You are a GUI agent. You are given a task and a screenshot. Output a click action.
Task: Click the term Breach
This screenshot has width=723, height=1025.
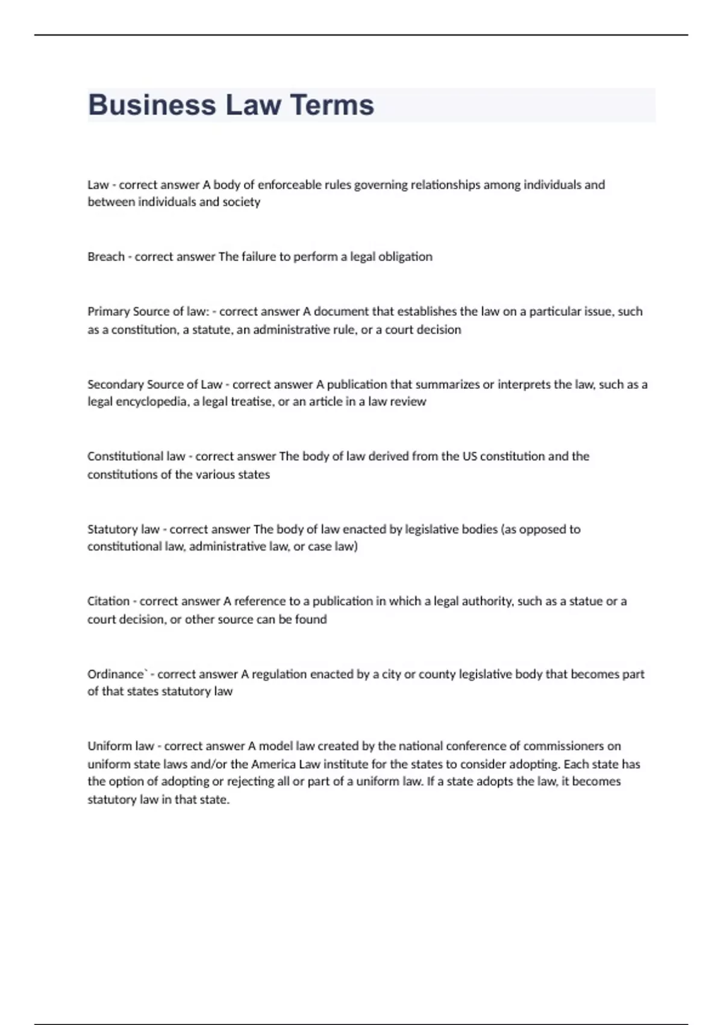(106, 257)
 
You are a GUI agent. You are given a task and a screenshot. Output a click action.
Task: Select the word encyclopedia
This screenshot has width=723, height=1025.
(152, 402)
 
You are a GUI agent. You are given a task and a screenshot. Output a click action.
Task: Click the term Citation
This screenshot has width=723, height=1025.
(108, 601)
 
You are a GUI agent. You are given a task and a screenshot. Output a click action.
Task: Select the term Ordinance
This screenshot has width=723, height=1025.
(116, 674)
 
